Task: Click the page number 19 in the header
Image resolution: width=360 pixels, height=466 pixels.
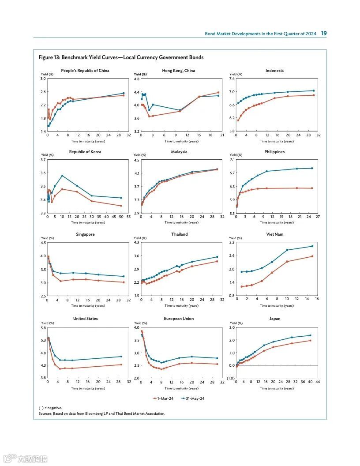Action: pyautogui.click(x=324, y=34)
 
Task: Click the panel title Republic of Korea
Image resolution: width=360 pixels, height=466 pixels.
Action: pyautogui.click(x=85, y=152)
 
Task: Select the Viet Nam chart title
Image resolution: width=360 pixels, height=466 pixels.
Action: pyautogui.click(x=275, y=234)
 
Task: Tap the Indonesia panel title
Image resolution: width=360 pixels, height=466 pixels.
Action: pyautogui.click(x=274, y=71)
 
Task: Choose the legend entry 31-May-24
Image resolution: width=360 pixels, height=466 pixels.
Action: pyautogui.click(x=193, y=398)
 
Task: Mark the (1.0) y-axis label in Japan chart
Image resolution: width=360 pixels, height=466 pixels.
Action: pyautogui.click(x=231, y=378)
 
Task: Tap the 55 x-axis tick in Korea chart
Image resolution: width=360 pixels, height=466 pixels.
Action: pyautogui.click(x=128, y=217)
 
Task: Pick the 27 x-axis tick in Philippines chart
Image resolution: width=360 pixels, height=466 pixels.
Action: pyautogui.click(x=318, y=217)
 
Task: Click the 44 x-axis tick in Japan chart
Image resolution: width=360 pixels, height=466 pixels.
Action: pyautogui.click(x=318, y=382)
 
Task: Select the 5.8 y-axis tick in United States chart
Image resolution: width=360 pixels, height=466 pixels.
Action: pyautogui.click(x=43, y=328)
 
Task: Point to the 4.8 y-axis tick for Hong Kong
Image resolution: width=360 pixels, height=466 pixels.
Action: pyautogui.click(x=137, y=79)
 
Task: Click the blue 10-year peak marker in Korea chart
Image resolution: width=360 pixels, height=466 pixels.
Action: pyautogui.click(x=62, y=176)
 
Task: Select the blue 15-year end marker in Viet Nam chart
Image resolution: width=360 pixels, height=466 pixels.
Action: pyautogui.click(x=312, y=246)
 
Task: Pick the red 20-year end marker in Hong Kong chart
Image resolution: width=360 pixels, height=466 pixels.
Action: pyautogui.click(x=218, y=93)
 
